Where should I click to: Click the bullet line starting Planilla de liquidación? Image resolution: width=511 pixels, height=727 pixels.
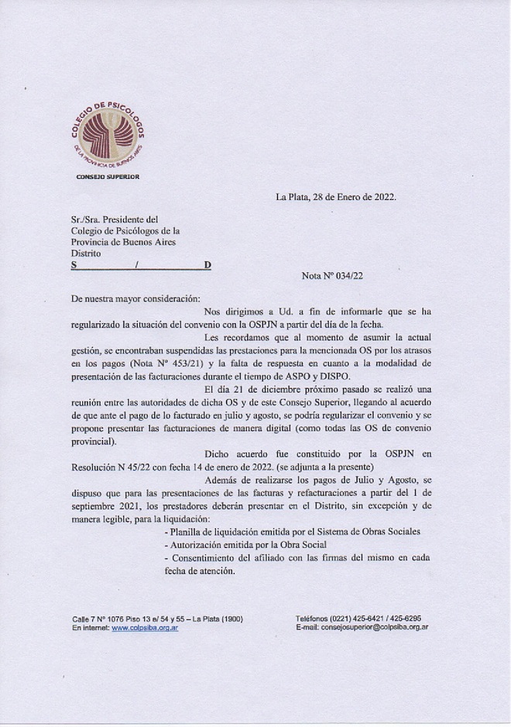[x=287, y=533]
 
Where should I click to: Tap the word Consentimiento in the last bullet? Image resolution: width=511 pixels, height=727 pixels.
[x=210, y=559]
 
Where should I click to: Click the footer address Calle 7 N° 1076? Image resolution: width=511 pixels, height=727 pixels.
[x=97, y=618]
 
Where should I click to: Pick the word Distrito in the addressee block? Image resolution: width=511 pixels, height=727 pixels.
[x=86, y=253]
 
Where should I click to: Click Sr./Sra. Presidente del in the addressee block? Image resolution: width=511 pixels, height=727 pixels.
[x=115, y=219]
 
